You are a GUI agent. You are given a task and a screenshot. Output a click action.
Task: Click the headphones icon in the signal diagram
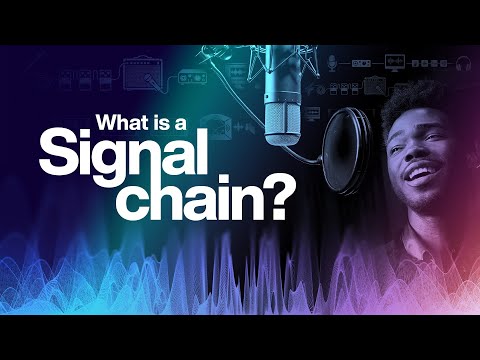[464, 65]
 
